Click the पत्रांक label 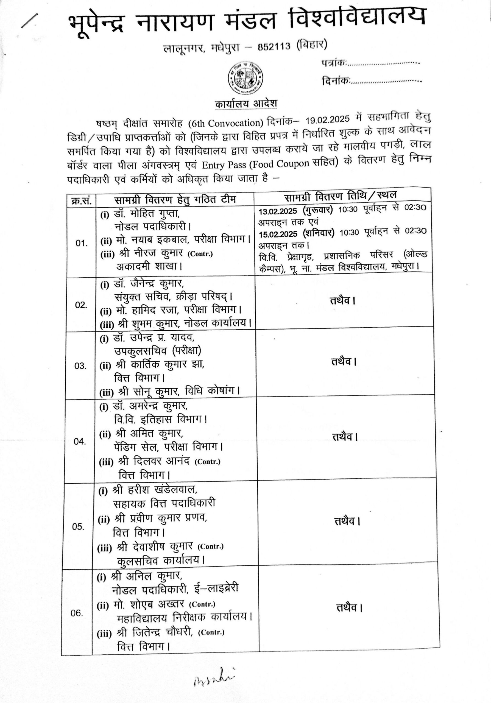pos(334,63)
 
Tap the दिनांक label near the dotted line pos(336,81)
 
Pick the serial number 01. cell pos(82,243)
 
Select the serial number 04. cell pos(80,441)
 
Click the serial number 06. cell pos(77,613)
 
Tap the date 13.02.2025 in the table pos(278,211)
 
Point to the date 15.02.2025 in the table pos(278,234)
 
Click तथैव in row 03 pos(344,362)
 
